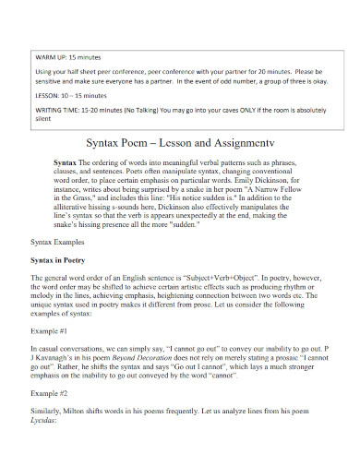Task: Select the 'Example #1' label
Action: (54, 353)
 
